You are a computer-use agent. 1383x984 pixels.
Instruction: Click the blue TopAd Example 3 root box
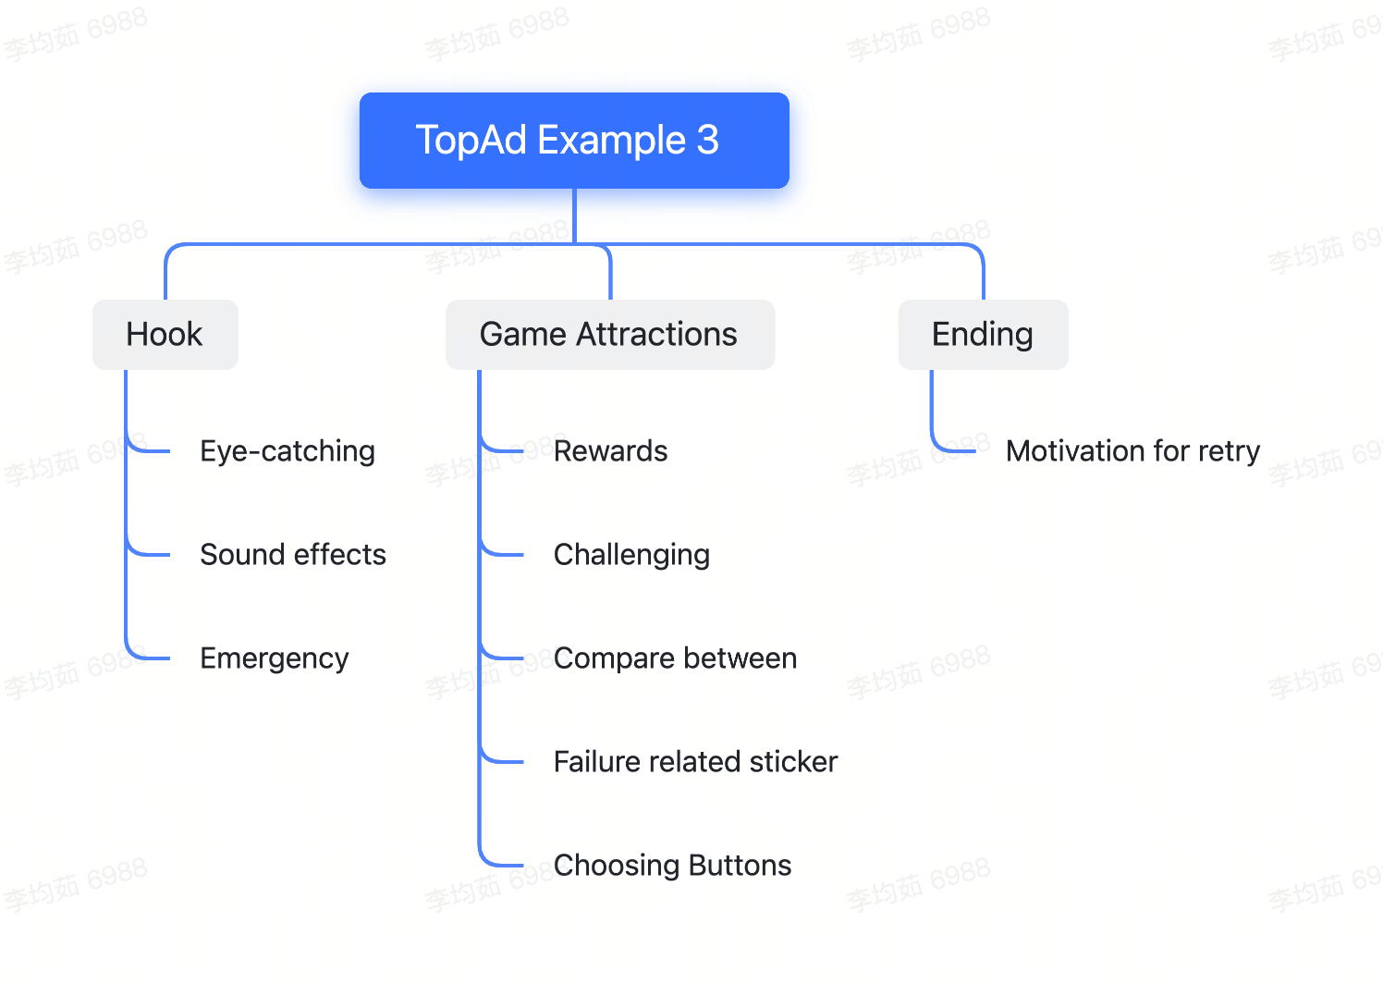pos(574,141)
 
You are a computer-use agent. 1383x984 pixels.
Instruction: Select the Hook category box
pos(165,334)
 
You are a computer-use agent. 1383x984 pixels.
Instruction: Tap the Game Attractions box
pos(610,334)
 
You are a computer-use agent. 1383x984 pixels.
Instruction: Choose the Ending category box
pos(983,334)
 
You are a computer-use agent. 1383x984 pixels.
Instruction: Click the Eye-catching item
pos(288,451)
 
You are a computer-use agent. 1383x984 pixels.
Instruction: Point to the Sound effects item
pos(293,554)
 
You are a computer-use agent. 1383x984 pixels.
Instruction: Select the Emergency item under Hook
pos(275,658)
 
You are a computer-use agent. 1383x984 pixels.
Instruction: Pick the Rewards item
pos(611,451)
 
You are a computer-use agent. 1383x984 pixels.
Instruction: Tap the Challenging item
pos(631,555)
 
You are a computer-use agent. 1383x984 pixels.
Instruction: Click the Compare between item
pos(676,658)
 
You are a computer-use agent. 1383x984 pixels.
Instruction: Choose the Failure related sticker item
pos(696,761)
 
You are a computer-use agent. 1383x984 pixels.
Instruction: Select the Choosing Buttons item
pos(672,866)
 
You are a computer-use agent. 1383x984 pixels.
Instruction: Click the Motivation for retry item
pos(1133,451)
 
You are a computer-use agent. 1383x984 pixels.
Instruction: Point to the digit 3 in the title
pos(707,140)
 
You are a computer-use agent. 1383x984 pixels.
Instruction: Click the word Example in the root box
pos(611,141)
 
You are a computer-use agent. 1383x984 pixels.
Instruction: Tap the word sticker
pos(793,761)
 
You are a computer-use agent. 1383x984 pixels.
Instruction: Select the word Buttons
pos(740,866)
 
